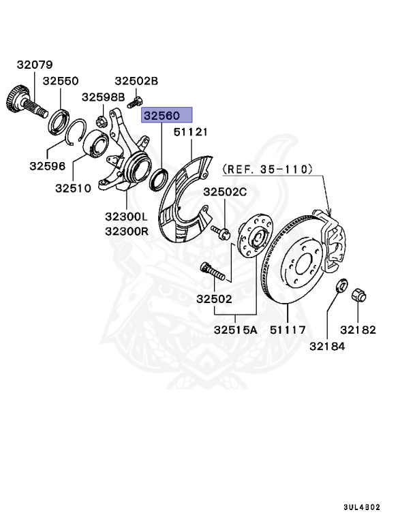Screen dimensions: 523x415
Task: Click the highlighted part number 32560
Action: (167, 115)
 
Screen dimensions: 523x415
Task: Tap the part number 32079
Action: (35, 65)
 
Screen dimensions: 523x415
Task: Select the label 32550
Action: (61, 80)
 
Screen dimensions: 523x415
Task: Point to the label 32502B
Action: (136, 80)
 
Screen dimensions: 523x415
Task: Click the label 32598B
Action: (104, 97)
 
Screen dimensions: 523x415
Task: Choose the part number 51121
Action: (191, 131)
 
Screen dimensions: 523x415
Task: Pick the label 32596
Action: (47, 165)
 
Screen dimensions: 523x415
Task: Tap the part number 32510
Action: (74, 187)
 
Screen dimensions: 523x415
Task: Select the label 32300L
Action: (127, 217)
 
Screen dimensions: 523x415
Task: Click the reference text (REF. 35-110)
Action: (268, 167)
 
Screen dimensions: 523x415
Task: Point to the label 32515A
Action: (235, 330)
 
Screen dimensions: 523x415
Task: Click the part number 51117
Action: (288, 330)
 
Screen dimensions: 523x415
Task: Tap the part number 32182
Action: (358, 330)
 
